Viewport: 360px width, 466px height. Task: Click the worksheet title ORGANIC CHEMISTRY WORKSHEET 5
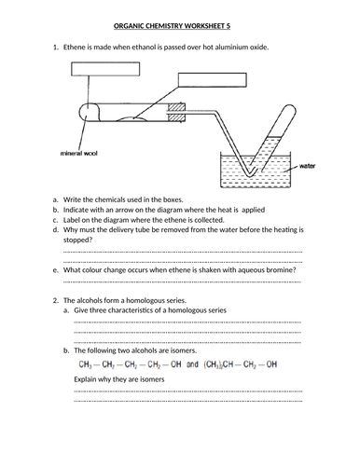coord(172,26)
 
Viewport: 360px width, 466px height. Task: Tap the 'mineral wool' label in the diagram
coord(78,153)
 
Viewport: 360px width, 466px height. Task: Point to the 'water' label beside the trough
coord(307,166)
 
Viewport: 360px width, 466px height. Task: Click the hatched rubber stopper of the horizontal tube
coord(176,113)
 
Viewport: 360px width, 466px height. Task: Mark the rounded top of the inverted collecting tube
coord(290,109)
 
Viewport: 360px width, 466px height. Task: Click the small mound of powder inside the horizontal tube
coord(132,118)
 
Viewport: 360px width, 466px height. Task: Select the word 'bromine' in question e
coord(283,270)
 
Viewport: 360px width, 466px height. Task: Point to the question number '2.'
coord(56,300)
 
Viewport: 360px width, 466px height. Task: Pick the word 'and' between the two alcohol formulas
coord(192,364)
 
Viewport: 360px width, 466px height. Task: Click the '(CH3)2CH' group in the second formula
coord(218,364)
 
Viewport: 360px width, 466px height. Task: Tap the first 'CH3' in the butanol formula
coord(85,364)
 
